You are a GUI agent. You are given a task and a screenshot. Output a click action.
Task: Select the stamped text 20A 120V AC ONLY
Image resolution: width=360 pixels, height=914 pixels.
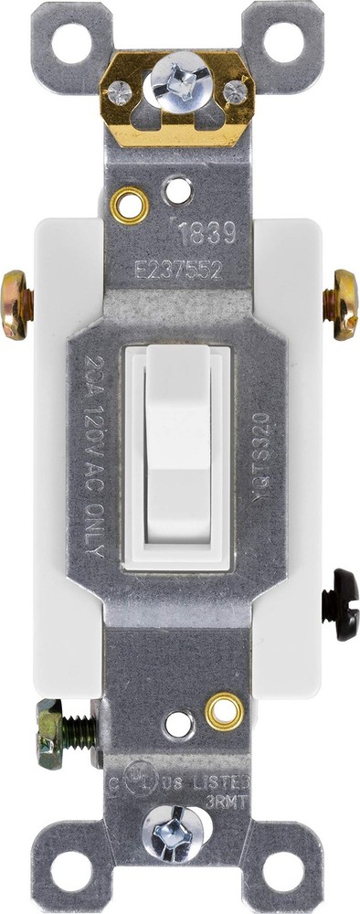[92, 452]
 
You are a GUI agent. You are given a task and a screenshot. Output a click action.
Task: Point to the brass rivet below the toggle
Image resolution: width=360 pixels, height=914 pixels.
[224, 710]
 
